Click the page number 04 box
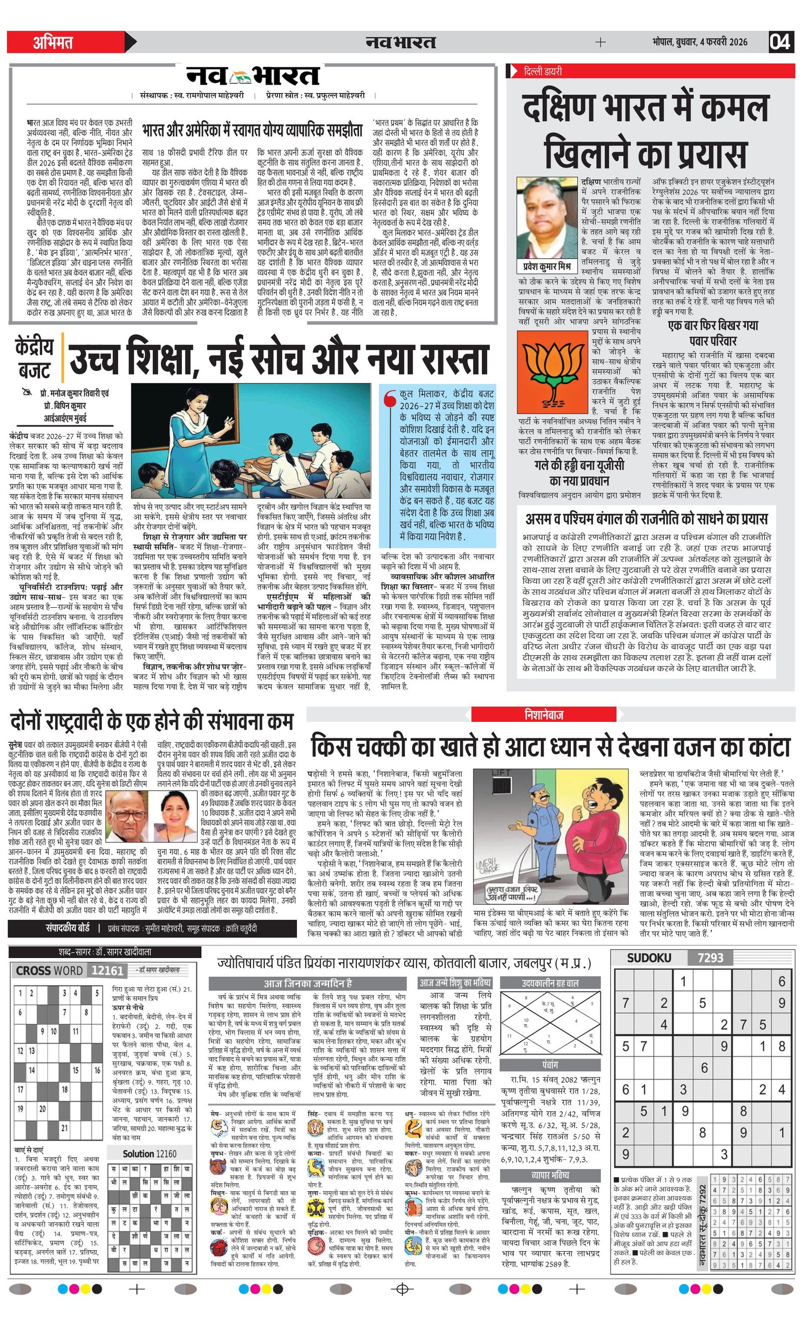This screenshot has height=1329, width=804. click(780, 42)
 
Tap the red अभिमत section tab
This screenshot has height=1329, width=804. click(53, 42)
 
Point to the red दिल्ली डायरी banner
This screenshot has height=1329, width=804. click(650, 71)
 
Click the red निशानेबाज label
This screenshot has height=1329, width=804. click(544, 715)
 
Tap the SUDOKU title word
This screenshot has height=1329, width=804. click(649, 958)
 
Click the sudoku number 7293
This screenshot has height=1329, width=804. click(710, 958)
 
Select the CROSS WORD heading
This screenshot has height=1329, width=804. click(50, 971)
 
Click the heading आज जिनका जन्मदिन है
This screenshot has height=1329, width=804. click(307, 983)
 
